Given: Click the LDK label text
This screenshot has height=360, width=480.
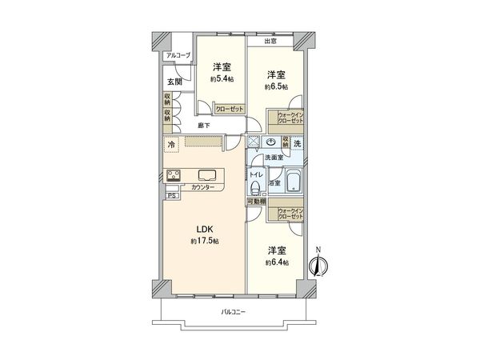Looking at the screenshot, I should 204,230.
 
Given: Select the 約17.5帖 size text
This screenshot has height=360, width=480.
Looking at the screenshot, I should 204,241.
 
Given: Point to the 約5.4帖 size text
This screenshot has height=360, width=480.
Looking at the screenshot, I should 222,79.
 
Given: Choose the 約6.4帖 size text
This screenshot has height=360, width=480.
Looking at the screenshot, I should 278,262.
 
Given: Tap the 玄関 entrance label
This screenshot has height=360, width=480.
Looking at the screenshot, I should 174,82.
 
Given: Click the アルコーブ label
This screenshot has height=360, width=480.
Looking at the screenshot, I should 178,55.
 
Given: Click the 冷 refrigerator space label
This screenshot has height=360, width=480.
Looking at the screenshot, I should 171,145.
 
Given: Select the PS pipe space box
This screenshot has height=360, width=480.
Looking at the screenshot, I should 171,195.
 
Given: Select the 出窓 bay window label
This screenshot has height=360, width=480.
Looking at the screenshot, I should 271,41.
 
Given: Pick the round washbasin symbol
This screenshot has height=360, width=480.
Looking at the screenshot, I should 271,142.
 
